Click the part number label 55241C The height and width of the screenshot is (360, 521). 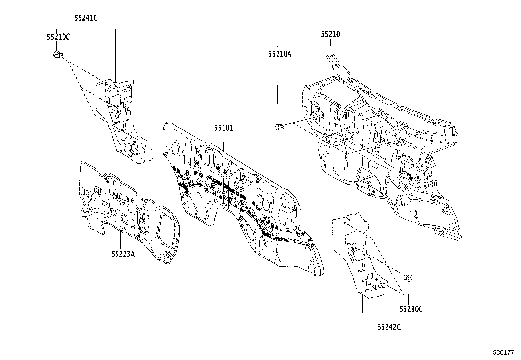86,18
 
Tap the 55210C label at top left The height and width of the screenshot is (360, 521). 58,37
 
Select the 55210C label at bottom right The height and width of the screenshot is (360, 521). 411,309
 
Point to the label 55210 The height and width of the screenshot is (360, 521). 330,34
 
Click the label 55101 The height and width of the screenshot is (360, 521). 224,128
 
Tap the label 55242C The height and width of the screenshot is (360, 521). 388,327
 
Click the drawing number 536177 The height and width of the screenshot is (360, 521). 504,353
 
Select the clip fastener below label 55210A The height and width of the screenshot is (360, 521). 279,126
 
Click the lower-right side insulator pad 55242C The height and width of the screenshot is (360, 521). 360,256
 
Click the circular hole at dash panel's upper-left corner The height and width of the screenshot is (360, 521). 173,148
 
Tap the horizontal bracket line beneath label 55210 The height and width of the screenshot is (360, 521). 331,46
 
